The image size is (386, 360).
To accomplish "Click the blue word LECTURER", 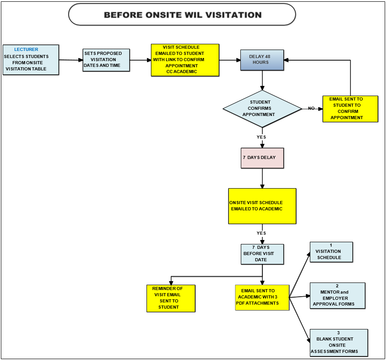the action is click(26, 50).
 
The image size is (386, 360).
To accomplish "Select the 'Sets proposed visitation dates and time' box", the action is click(106, 60).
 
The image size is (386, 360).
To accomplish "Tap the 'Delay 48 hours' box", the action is click(262, 60).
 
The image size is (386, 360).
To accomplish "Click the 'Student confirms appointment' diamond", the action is click(262, 109).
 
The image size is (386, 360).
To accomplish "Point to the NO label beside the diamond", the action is click(311, 108).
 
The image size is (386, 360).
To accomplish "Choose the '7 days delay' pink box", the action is click(262, 158).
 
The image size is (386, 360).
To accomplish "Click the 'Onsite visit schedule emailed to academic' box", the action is click(262, 206).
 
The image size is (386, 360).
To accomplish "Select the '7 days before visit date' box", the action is click(262, 254).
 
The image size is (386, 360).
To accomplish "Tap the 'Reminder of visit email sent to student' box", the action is click(171, 298).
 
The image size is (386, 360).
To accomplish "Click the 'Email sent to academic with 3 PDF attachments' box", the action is click(262, 298).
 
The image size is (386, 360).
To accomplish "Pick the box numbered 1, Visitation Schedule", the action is click(331, 252).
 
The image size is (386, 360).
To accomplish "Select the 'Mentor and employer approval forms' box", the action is click(337, 295).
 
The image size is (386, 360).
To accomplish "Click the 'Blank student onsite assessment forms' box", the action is click(339, 343).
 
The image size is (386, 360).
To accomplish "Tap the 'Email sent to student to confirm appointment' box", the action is click(350, 109).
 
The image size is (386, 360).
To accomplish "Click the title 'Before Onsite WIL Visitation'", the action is click(182, 15).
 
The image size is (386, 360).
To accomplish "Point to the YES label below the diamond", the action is click(261, 137).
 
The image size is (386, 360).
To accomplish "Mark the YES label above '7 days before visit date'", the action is click(261, 233).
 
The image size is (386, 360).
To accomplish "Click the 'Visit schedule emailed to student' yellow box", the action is click(185, 60).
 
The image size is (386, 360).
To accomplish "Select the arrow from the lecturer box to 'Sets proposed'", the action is click(71, 60).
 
